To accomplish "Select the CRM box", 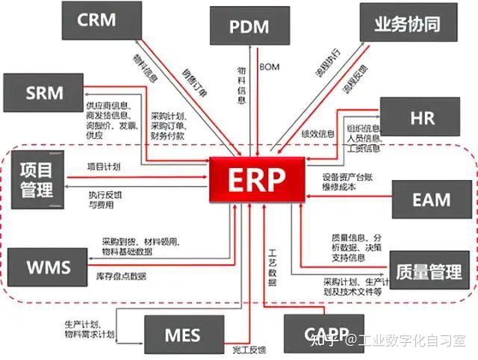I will coord(97,20).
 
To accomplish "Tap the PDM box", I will coord(249,28).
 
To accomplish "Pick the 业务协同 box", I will coord(407,23).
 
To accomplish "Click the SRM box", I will coord(44,93).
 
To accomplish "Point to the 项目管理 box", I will coord(37,180).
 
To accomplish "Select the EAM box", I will coord(431,199).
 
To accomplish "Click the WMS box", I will coord(48,267).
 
